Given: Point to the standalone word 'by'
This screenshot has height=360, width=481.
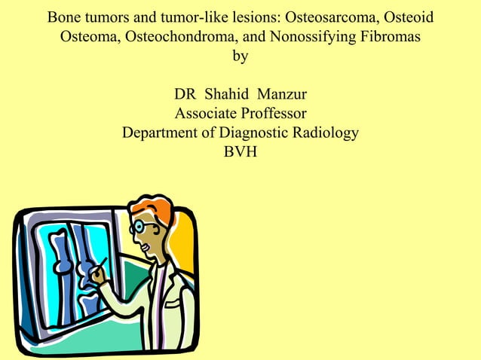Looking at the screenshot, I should click(x=240, y=56).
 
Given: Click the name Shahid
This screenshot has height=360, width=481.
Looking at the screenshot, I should click(x=228, y=96).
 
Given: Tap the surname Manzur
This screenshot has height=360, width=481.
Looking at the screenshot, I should click(x=282, y=96).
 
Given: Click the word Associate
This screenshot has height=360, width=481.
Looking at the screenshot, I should click(x=204, y=114).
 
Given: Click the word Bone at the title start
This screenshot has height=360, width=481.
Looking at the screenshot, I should click(x=64, y=17).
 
